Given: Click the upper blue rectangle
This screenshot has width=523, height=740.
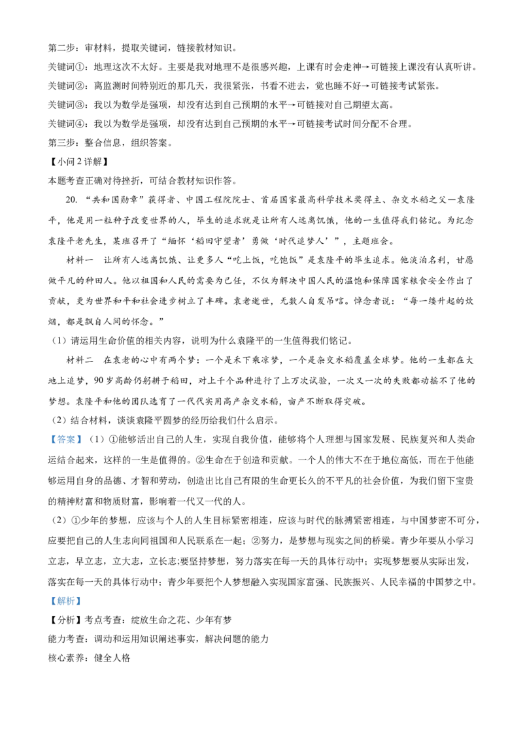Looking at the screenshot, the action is (x=65, y=439).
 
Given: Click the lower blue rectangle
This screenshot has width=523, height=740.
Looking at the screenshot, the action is (x=65, y=601).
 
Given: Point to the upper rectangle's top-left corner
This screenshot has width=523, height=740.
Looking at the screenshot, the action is (x=48, y=435).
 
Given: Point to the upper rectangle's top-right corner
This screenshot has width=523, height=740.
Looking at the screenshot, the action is (x=83, y=435).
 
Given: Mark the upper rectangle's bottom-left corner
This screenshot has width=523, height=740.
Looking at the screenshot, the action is (x=48, y=444).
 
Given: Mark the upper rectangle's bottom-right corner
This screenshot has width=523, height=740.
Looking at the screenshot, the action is (x=83, y=444).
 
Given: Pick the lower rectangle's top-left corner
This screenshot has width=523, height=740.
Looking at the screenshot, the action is (x=48, y=597).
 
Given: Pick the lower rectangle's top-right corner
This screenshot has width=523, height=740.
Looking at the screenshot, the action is (x=83, y=597).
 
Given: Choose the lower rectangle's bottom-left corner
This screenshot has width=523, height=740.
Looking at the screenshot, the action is (x=48, y=606).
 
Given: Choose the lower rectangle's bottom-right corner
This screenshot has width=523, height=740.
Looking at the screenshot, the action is (x=83, y=606).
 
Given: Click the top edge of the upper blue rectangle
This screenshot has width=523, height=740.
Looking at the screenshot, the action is (x=65, y=435).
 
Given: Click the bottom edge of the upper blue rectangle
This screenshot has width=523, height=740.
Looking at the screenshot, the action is (x=65, y=444).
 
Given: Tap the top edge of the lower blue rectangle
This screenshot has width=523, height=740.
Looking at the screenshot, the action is (x=65, y=597).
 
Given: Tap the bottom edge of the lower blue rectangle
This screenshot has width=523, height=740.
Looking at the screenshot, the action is (x=65, y=606).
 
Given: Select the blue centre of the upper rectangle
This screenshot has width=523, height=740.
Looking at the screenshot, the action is (x=65, y=439).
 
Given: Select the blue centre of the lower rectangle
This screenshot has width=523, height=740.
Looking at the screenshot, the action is (x=65, y=601).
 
